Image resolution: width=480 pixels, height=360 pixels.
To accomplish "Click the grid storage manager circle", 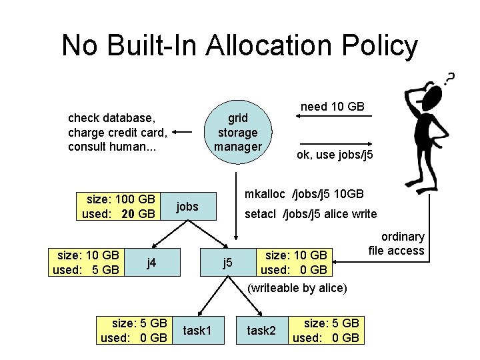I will pos(237,131).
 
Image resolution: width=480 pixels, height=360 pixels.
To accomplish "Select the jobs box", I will pos(188,207).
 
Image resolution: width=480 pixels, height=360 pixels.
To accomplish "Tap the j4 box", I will pos(151,262).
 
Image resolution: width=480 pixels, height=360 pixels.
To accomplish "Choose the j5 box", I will pos(227,262).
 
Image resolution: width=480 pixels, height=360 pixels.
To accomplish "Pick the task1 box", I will pos(197,331).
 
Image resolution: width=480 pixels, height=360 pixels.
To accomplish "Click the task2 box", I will pos(261,331).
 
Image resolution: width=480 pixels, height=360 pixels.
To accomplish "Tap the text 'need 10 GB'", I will pos(333,106).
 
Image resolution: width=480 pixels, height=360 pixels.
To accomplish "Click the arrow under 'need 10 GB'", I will pos(333,117).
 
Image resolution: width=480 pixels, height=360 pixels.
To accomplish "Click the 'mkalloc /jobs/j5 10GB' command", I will pos(304,194).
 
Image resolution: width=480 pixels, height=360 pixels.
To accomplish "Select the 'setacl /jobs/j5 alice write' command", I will pos(311,214).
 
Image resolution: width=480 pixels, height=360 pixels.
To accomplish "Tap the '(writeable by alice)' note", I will pos(297,288).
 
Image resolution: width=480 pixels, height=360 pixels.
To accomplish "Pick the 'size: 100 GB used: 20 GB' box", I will pos(118,207).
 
